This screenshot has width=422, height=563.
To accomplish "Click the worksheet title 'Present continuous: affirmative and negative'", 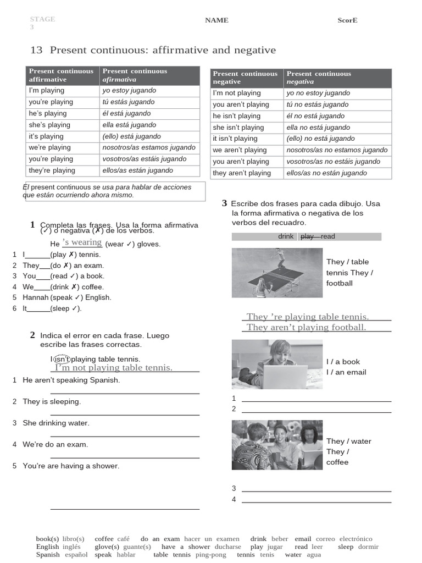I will coord(163,51).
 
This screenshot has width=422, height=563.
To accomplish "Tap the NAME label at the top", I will coord(216,20).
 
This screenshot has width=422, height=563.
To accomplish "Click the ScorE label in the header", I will coord(347,20).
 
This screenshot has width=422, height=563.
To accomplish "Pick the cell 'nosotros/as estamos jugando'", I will coord(149,147).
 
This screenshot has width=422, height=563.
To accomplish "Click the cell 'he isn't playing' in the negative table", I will coord(237,116).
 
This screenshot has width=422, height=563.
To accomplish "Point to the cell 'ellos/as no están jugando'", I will coord(326,173).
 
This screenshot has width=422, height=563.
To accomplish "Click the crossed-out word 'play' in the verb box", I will coord(308,236).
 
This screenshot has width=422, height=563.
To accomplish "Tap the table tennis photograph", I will coord(277,273).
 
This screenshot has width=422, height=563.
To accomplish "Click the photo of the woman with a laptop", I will coord(277,364).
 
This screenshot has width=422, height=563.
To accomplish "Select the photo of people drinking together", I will coord(277,445).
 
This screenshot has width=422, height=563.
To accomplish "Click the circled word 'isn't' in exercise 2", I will coord(62,359).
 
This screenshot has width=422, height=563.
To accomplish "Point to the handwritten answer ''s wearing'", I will coord(82,242).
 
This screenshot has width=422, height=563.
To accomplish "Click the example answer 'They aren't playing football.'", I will coord(306,327).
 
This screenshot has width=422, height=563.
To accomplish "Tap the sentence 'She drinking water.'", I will coord(56,423).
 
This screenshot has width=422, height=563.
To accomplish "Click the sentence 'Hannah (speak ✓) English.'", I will coord(67,297).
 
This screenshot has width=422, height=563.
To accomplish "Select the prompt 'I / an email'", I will coord(346,372).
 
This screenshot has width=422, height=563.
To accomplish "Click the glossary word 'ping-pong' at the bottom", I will coord(211,555).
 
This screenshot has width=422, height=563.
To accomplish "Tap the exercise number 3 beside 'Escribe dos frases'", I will coord(224,203).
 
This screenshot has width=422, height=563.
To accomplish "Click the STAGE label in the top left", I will coord(42,19).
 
